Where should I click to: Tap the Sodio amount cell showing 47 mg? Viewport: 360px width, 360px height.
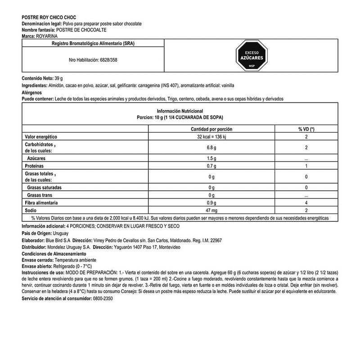point(212,210)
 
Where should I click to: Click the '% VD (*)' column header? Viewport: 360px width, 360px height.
point(306,129)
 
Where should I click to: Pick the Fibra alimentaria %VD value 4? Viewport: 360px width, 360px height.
point(306,202)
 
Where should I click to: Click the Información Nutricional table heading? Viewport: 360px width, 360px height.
point(180,111)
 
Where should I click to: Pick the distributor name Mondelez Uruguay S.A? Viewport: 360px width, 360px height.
point(69,247)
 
